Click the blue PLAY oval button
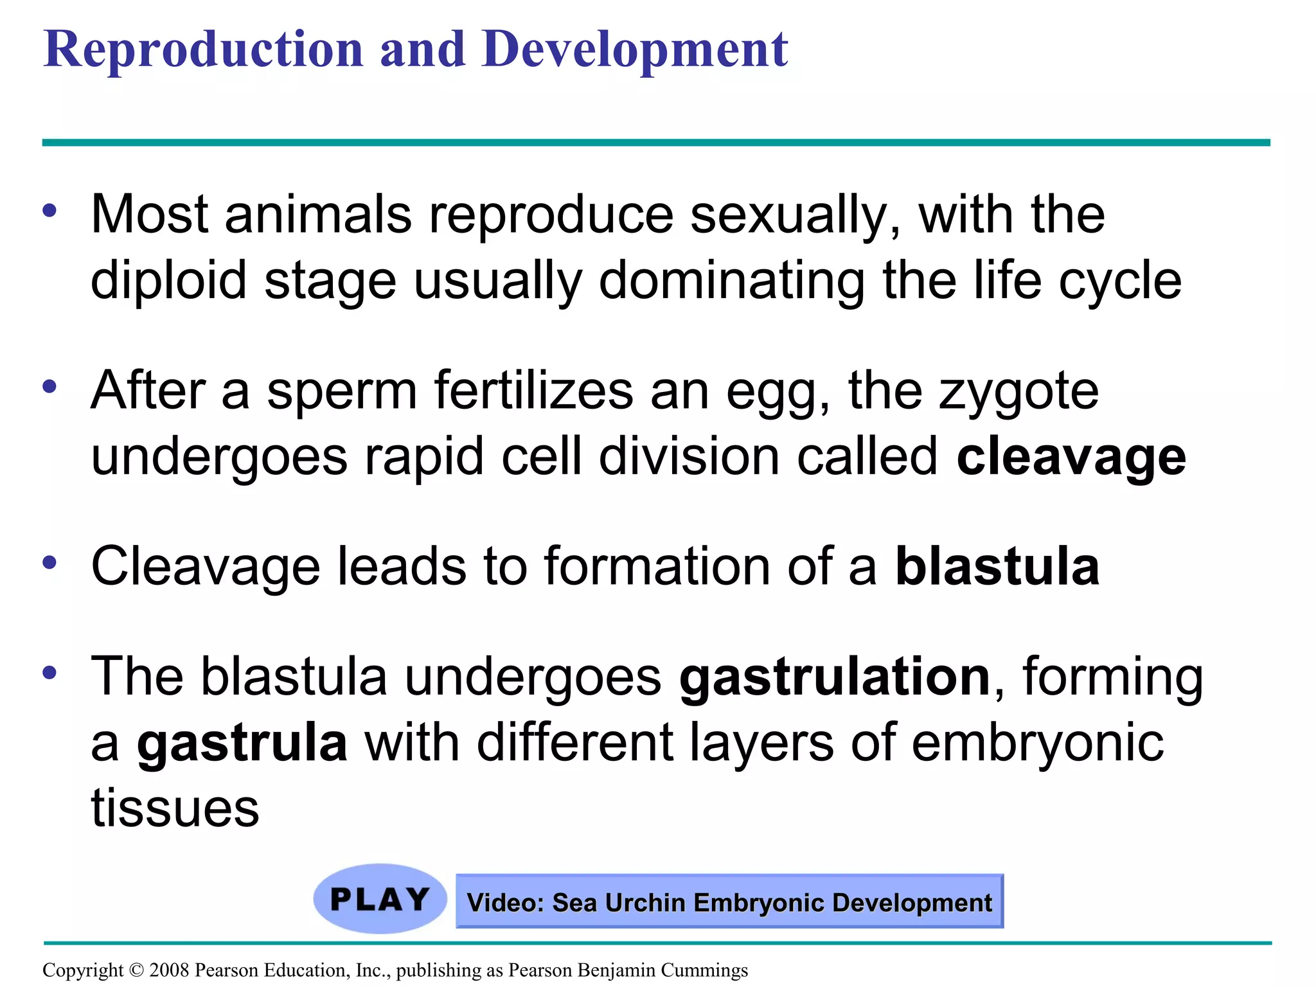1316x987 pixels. coord(380,898)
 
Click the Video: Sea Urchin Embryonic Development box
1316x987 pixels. coord(729,902)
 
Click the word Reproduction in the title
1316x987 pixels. coord(204,49)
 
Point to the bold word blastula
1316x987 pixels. coord(997,567)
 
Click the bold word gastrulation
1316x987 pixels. coord(835,677)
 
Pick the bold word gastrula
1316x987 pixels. coord(242,743)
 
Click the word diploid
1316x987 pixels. coord(168,281)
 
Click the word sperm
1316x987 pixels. coord(342,392)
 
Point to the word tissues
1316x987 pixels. coord(175,808)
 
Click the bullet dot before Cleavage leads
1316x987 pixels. coord(50,563)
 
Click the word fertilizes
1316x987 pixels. coord(533,392)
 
